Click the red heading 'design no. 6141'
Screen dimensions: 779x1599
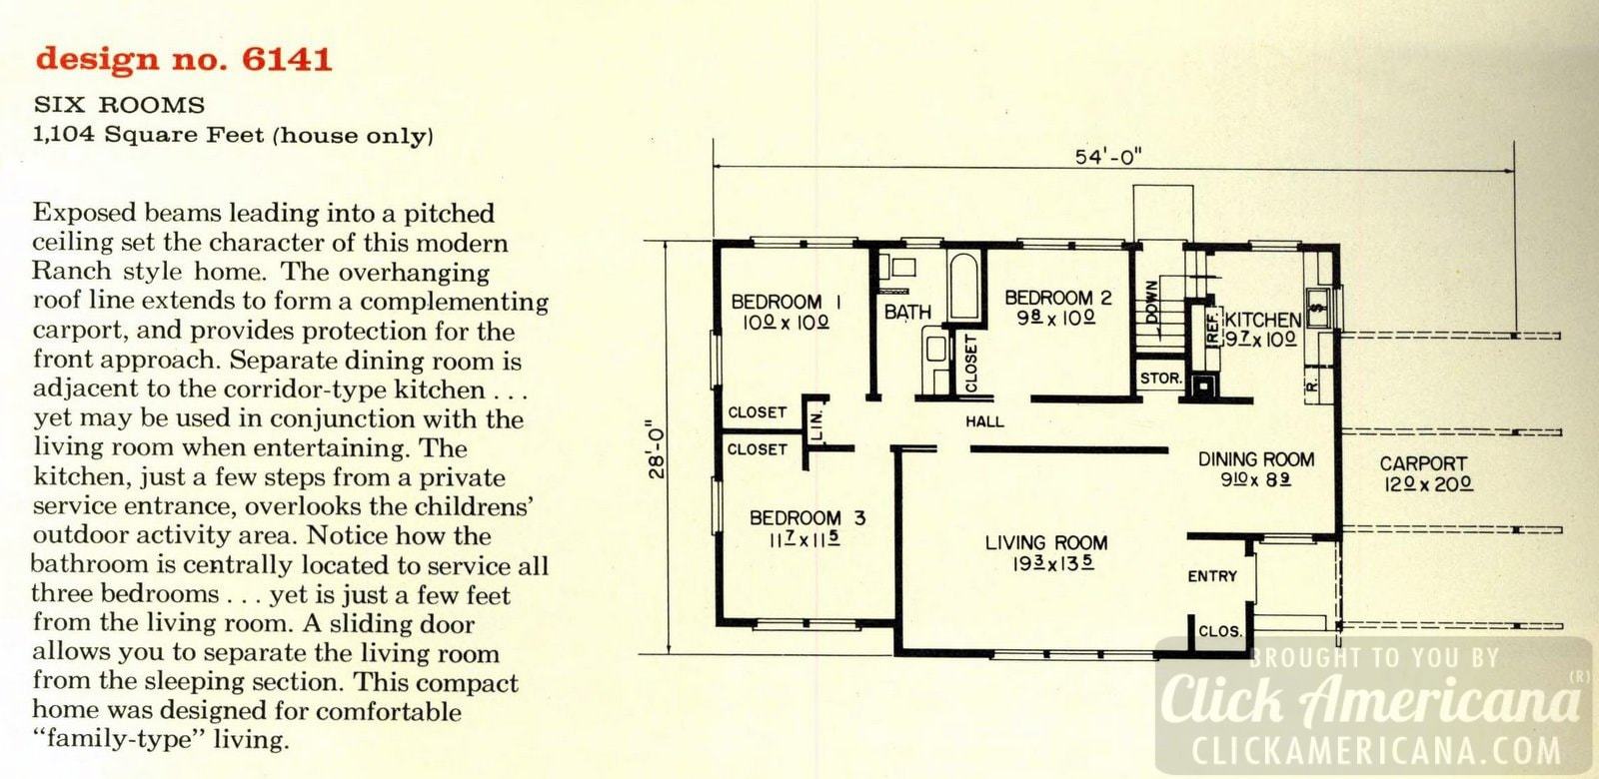click(x=183, y=59)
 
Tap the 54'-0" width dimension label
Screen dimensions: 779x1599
click(x=1108, y=157)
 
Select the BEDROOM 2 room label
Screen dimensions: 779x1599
click(x=1057, y=298)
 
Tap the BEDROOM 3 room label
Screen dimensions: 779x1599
click(x=807, y=517)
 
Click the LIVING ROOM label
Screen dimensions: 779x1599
click(x=1045, y=543)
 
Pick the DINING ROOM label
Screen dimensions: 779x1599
click(x=1256, y=459)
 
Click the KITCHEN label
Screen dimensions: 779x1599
click(x=1263, y=320)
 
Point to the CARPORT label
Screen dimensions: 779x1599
click(x=1422, y=463)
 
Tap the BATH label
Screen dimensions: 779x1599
click(x=907, y=313)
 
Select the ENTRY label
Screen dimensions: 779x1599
click(x=1212, y=576)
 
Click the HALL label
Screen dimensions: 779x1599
click(x=984, y=421)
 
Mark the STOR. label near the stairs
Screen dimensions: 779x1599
click(x=1160, y=379)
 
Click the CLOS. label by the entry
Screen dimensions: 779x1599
click(x=1219, y=631)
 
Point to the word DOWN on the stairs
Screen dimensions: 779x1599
click(x=1151, y=301)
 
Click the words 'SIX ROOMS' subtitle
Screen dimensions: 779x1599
click(x=119, y=105)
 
